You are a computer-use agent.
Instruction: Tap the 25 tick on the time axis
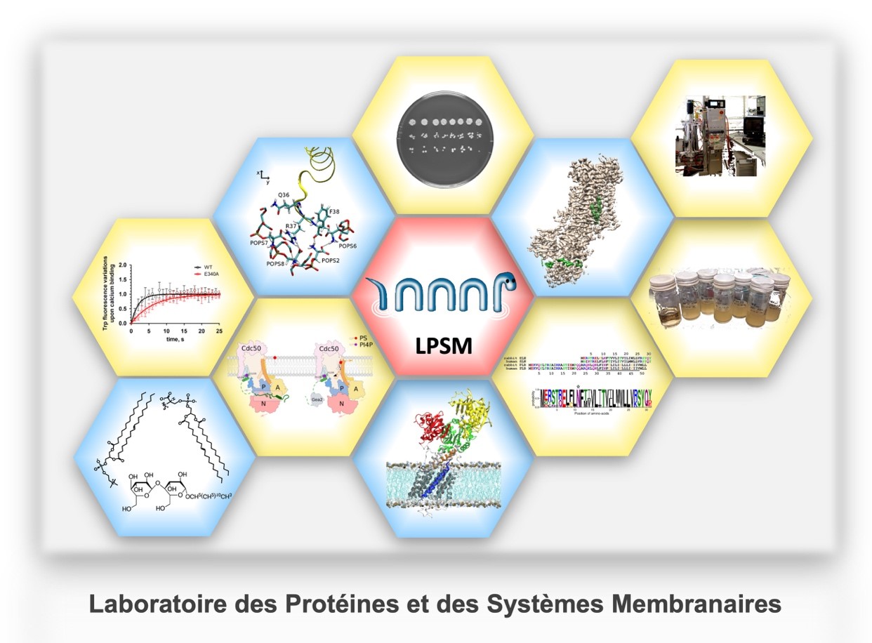220,331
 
